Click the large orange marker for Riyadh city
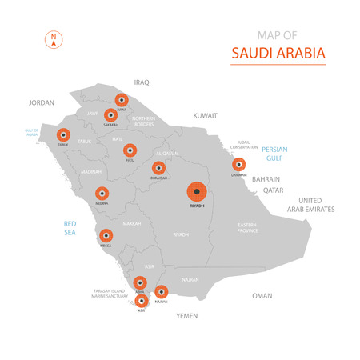pos(197,192)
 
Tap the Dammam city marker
pos(238,165)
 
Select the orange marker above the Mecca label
pos(104,235)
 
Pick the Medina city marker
pos(102,193)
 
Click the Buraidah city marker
pos(158,168)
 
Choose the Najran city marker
pos(161,292)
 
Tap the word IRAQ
pos(142,82)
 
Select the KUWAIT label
pos(205,116)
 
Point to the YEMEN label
pos(186,316)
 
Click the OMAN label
pos(262,295)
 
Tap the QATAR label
pos(274,190)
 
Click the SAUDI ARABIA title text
pos(278,53)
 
